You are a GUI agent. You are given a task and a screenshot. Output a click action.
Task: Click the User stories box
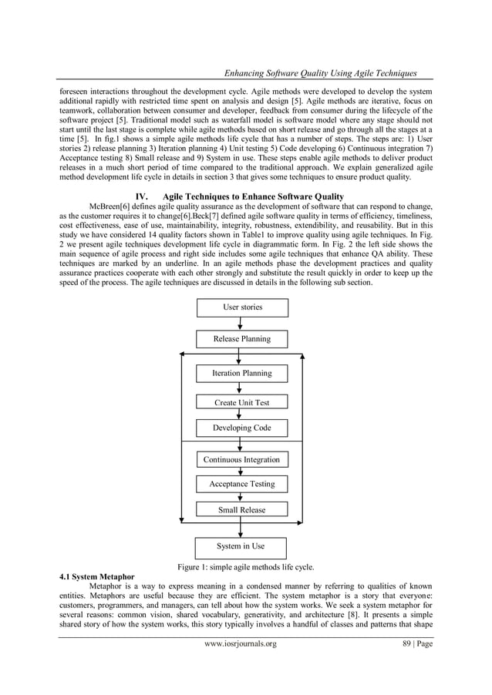click(242, 307)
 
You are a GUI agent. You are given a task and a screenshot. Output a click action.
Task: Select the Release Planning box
click(242, 339)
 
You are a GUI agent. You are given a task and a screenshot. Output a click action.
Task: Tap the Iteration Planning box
click(242, 374)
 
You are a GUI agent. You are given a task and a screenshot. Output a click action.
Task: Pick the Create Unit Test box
click(242, 402)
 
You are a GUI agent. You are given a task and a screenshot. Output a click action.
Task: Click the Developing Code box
click(242, 428)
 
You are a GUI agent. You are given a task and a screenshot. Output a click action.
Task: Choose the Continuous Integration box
click(242, 460)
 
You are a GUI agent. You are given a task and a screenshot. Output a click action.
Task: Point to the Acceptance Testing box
click(242, 484)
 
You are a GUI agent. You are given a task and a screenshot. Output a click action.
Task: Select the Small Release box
click(242, 509)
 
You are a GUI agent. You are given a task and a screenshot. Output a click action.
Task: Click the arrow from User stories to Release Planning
click(241, 323)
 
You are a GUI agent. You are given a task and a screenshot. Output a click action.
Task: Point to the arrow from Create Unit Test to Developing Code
click(241, 415)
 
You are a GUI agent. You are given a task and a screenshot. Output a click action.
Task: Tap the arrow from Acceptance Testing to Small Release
click(241, 497)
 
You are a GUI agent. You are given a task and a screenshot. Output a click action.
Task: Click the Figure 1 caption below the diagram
click(246, 568)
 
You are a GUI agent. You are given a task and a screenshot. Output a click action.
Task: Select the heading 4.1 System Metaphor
click(96, 576)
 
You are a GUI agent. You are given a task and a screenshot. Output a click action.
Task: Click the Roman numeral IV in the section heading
click(140, 196)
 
